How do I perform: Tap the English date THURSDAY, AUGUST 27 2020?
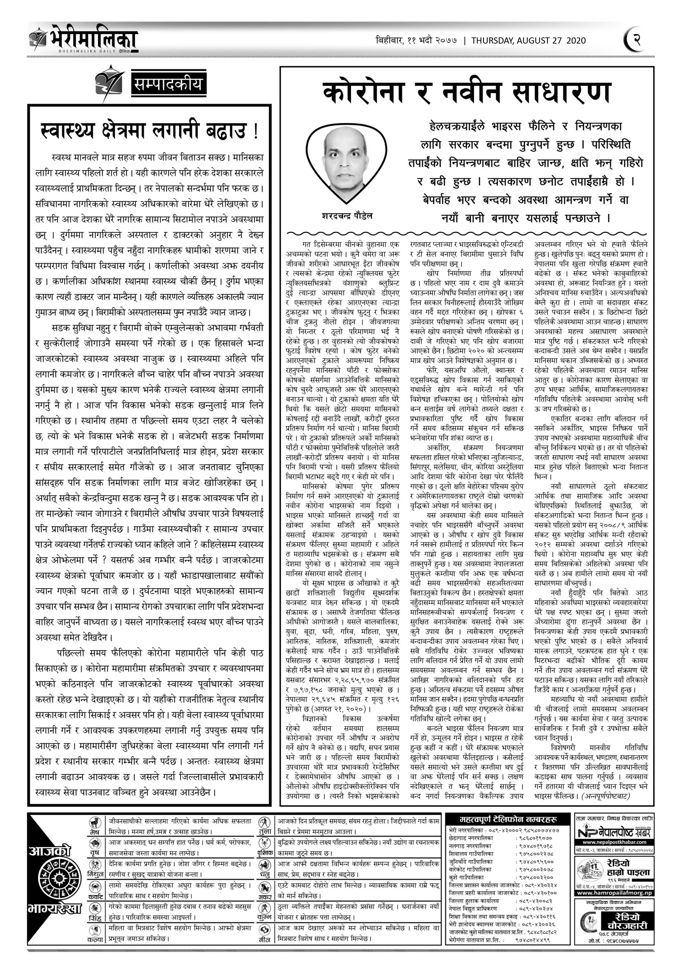coord(528,41)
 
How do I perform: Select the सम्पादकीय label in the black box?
coord(168,84)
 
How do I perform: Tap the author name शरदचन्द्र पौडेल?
coord(347,216)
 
